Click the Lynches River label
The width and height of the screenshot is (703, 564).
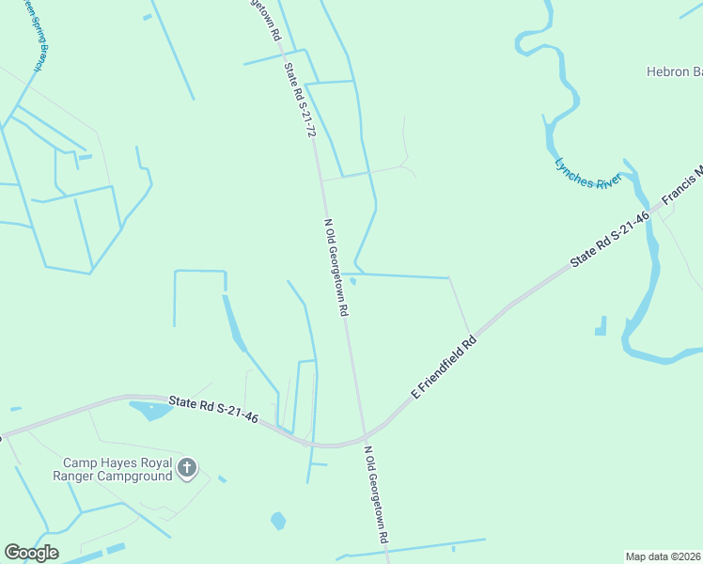[588, 173]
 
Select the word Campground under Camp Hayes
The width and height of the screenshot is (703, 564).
[139, 476]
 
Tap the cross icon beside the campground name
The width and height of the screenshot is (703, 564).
[187, 467]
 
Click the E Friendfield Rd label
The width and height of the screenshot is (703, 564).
[444, 366]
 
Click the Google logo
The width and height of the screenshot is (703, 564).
[31, 552]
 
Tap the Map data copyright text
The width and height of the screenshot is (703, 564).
[664, 556]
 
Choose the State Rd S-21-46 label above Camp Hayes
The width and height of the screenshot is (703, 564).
[213, 408]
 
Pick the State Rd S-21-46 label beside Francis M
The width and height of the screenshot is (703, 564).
[610, 242]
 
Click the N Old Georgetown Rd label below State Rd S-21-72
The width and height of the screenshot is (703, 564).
[337, 268]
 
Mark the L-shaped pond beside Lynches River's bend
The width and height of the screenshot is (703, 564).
[601, 327]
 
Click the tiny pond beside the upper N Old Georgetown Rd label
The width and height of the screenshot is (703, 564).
[353, 280]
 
